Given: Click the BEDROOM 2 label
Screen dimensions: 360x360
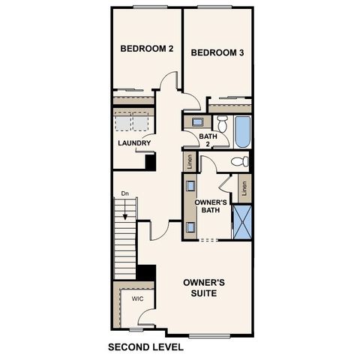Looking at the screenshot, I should click(x=147, y=49).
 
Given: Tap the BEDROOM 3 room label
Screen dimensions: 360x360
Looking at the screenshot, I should click(x=217, y=52).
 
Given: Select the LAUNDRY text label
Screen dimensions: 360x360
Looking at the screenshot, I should click(x=134, y=143).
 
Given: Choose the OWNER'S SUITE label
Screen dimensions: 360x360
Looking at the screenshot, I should click(x=205, y=287).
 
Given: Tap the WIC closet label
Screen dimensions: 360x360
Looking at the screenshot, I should click(x=137, y=298).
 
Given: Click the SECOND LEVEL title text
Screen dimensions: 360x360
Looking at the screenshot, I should click(x=145, y=347).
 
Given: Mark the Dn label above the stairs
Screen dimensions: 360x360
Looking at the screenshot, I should click(x=125, y=194).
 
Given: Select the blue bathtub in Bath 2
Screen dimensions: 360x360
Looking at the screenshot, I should click(x=241, y=131).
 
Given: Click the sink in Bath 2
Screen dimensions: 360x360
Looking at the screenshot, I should click(x=196, y=121).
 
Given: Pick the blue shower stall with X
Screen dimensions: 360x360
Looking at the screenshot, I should click(x=241, y=220).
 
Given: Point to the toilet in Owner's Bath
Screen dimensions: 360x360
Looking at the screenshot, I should click(x=238, y=161).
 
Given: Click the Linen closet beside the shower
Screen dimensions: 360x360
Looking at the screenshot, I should click(x=244, y=188).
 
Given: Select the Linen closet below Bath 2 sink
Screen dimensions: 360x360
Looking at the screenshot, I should click(x=190, y=160).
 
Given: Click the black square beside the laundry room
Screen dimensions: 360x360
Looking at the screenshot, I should click(x=150, y=161).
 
